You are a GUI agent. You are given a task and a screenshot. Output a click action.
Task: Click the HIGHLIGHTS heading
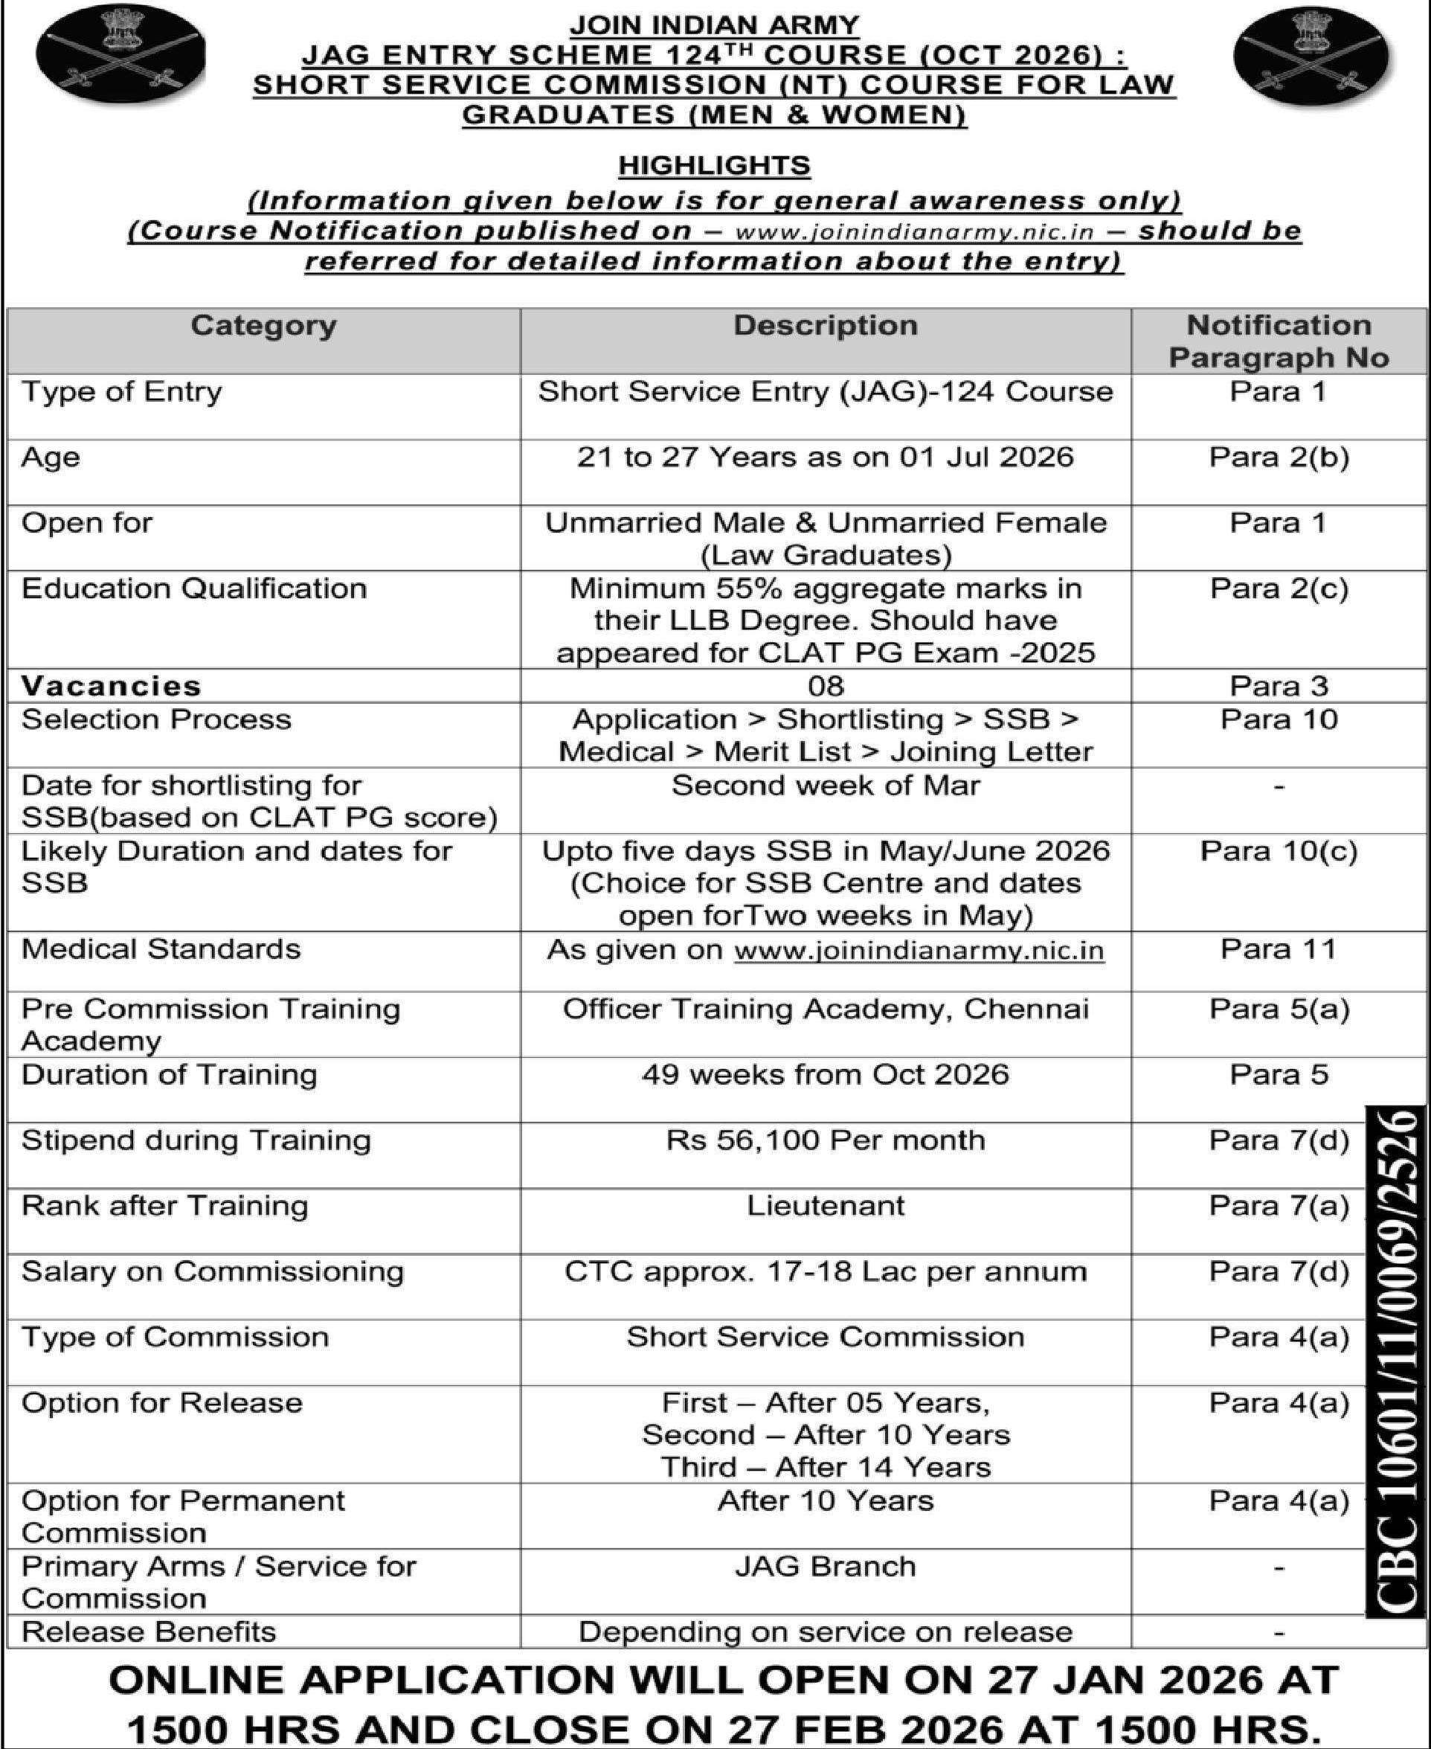(714, 166)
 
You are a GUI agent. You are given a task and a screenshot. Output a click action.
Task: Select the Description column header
(825, 325)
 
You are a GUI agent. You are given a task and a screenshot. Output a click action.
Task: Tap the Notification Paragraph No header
(1278, 341)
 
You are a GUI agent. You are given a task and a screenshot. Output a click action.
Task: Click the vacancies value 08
(825, 685)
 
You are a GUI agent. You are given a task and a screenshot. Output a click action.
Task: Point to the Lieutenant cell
(825, 1206)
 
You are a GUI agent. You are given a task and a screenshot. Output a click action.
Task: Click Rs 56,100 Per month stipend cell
(825, 1140)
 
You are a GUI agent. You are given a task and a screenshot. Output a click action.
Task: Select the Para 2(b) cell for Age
(1278, 457)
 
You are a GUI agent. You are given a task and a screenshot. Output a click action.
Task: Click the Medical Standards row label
(161, 949)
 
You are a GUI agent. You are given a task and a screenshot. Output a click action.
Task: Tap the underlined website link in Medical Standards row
(919, 951)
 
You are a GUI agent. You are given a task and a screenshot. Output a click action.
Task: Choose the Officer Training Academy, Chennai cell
(825, 1009)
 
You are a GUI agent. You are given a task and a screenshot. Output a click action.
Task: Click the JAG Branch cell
(825, 1566)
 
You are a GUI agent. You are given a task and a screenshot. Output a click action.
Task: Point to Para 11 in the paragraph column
(1278, 949)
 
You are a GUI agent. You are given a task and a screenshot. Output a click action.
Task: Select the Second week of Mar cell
(825, 785)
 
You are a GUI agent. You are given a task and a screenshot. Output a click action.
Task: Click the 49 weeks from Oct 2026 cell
(825, 1074)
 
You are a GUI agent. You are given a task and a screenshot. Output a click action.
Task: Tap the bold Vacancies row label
(112, 686)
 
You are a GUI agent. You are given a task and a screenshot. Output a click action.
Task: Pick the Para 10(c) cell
(1278, 851)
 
